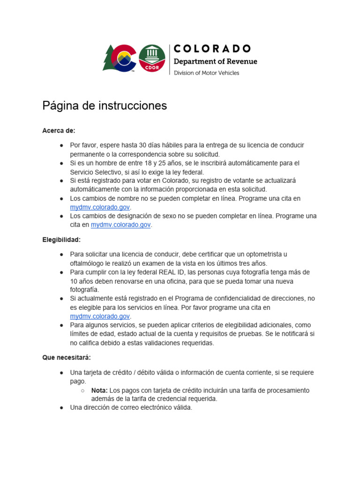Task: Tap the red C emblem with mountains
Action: (x=125, y=59)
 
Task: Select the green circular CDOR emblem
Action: (x=152, y=58)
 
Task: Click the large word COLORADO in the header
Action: (x=212, y=49)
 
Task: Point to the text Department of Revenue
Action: (x=215, y=61)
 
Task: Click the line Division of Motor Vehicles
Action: (x=206, y=73)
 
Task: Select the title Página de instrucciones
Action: (x=105, y=105)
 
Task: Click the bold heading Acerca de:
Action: (x=59, y=130)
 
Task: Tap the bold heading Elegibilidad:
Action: (x=61, y=240)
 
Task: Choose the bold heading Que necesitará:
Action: (x=66, y=358)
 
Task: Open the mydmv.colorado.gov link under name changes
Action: (x=100, y=207)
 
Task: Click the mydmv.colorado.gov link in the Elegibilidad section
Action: (x=100, y=316)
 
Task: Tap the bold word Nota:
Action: (x=99, y=390)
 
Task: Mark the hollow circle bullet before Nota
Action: (x=82, y=390)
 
